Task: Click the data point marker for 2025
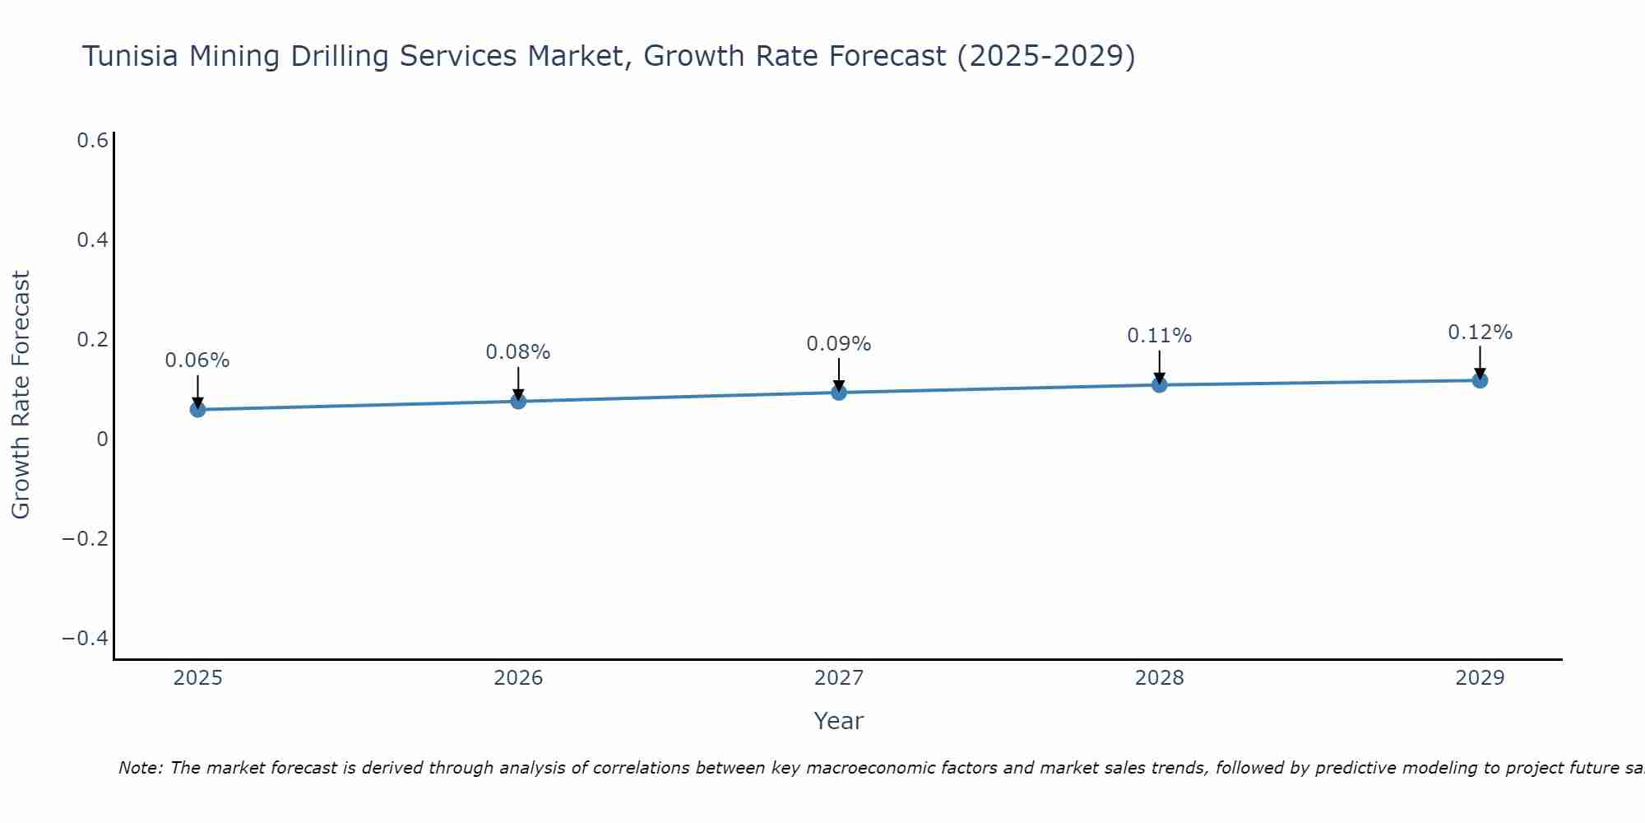(197, 409)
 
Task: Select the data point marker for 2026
(518, 401)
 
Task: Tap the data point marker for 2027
(839, 393)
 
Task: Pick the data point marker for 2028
(1159, 384)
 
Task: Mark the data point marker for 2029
(1480, 380)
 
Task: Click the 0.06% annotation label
(197, 360)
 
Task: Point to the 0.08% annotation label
(518, 352)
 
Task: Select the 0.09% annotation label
(839, 344)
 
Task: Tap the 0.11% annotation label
(1159, 336)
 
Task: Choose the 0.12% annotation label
(1480, 332)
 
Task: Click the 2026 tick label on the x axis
(518, 678)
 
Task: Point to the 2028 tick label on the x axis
(1159, 678)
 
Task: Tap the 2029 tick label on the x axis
(1480, 678)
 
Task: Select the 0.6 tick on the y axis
(93, 141)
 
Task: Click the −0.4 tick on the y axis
(85, 639)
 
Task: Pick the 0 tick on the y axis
(102, 439)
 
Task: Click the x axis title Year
(838, 721)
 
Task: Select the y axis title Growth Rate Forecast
(21, 395)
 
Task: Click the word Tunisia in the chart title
(132, 57)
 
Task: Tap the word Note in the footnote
(141, 768)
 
